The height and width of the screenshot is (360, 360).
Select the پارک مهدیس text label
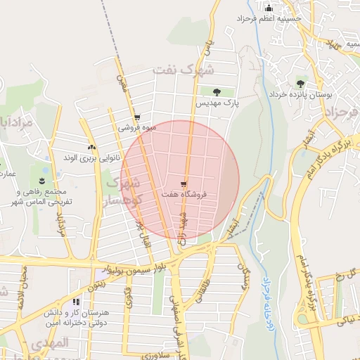tap(217, 103)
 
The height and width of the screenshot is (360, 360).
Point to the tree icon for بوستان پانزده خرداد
tap(301, 83)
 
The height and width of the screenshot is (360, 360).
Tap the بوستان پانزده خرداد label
tap(301, 94)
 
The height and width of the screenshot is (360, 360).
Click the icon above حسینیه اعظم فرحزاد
tap(267, 8)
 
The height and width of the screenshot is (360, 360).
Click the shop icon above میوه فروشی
tap(136, 118)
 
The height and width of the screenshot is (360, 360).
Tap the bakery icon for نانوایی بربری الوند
tap(91, 147)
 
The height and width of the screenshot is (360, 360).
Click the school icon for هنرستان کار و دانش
tap(75, 302)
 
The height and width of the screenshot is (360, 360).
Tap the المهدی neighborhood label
tap(53, 343)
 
